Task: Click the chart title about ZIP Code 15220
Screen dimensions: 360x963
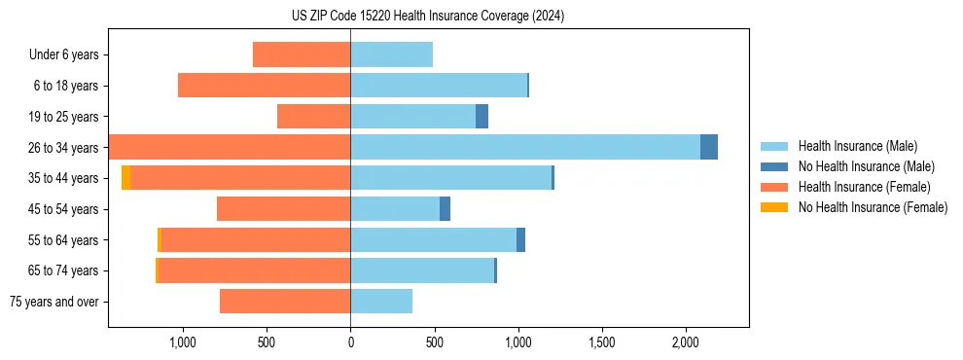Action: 427,17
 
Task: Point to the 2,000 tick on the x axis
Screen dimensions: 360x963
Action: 686,342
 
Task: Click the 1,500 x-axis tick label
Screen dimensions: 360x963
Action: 602,342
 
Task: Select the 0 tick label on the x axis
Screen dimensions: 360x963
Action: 350,342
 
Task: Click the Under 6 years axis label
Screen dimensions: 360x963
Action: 64,55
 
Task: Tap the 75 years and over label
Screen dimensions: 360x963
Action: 54,302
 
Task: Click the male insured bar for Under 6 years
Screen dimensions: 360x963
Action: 391,54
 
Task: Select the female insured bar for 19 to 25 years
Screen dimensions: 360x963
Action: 313,117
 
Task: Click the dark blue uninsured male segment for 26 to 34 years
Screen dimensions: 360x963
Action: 709,147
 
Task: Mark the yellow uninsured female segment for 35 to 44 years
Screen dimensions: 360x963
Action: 125,178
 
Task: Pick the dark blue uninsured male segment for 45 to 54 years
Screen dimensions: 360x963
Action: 445,209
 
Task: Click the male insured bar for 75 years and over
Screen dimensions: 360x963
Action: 381,302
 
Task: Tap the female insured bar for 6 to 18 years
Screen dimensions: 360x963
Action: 264,86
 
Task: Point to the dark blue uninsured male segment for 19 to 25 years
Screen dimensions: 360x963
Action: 481,117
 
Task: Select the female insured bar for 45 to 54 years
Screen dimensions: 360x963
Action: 283,209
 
